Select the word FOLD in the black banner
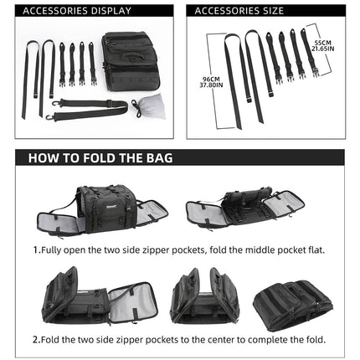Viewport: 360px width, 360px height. click(106, 157)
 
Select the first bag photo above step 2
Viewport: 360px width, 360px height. click(99, 298)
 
